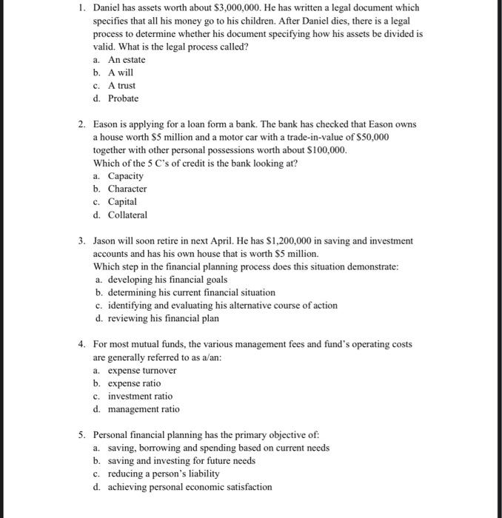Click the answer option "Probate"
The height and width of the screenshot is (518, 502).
coord(123,98)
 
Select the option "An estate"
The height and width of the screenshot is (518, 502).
coord(127,59)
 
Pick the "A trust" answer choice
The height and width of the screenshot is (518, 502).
coord(121,85)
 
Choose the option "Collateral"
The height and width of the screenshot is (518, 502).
coord(127,215)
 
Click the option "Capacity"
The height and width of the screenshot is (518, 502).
coord(126,176)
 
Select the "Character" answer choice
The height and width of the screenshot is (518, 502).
coord(127,189)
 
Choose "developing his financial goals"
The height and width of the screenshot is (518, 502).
coord(167,280)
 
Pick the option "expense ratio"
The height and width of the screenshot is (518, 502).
coord(134,383)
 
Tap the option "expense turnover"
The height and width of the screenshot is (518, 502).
coord(142,370)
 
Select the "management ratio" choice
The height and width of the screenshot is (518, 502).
coord(144,409)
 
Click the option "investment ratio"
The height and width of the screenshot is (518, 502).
coord(140,396)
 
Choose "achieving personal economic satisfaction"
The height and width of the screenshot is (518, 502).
coord(190,487)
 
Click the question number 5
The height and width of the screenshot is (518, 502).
coord(83,434)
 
